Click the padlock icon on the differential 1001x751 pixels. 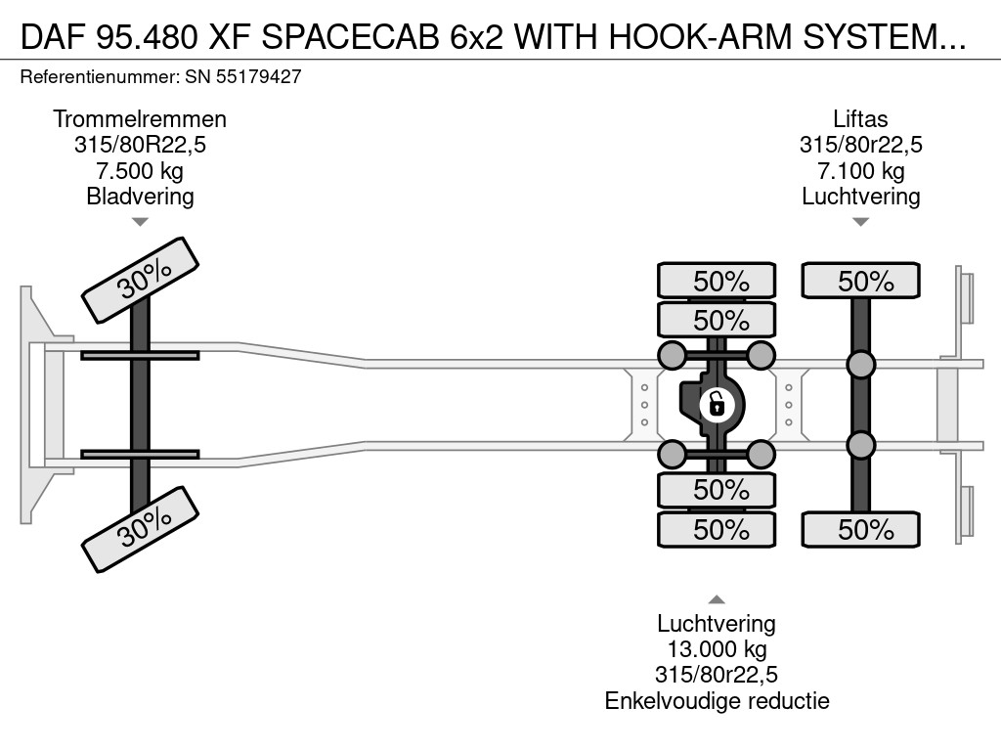click(x=717, y=403)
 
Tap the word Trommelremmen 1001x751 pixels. click(x=140, y=119)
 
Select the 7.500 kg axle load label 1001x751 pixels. click(x=140, y=171)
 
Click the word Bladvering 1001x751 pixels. click(x=140, y=197)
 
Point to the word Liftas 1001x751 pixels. click(x=860, y=119)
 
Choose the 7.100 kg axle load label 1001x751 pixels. click(x=860, y=171)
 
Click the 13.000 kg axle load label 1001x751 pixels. click(x=717, y=649)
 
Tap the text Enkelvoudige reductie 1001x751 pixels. click(x=717, y=700)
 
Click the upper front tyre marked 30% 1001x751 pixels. click(x=141, y=280)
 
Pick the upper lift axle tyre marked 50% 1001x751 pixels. click(x=860, y=281)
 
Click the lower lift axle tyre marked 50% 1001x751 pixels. click(x=860, y=530)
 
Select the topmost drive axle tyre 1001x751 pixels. click(x=717, y=281)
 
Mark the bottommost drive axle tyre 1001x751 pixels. click(x=717, y=530)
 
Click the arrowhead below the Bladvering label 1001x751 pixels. click(x=140, y=222)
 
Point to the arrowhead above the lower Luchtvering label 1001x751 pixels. click(x=717, y=599)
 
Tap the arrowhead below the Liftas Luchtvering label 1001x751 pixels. click(x=860, y=222)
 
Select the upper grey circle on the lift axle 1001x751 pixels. click(x=860, y=365)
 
